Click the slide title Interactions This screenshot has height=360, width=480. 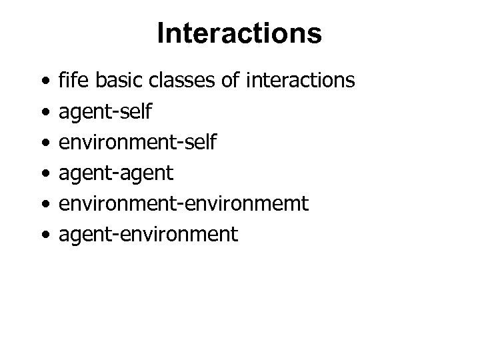239,34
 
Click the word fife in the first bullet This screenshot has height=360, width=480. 75,81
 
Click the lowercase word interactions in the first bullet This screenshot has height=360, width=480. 301,81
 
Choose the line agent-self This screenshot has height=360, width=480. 105,112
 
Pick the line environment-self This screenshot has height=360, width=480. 137,143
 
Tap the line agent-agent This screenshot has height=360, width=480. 116,173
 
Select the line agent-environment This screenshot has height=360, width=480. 148,234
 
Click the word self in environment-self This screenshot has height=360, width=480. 199,143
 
